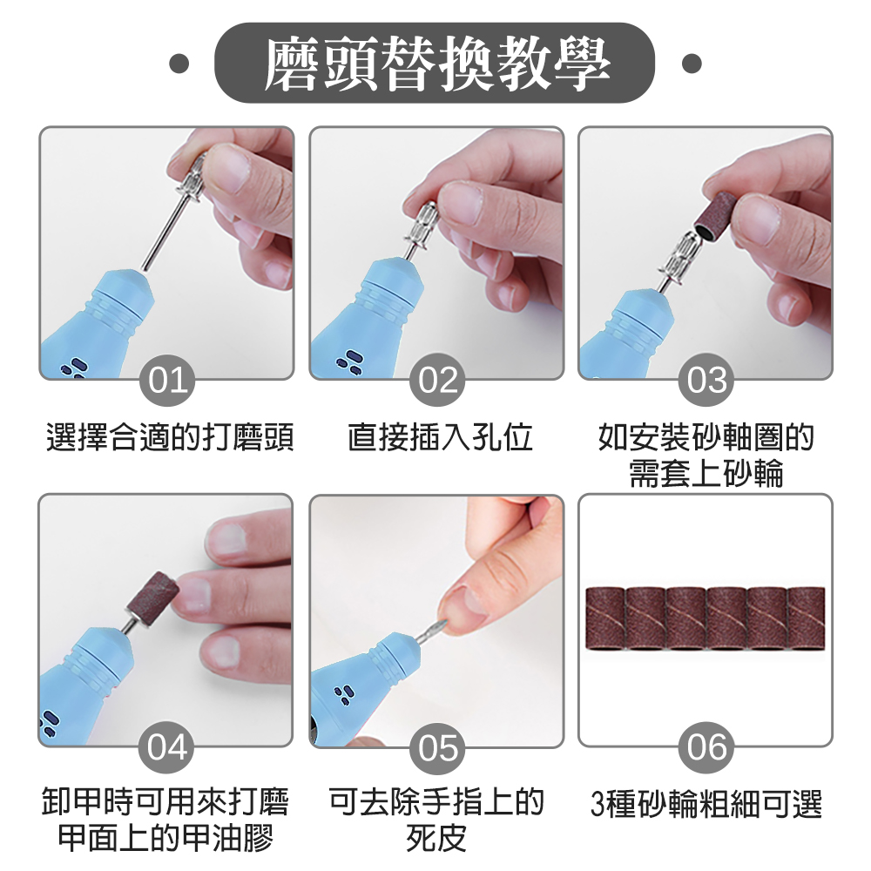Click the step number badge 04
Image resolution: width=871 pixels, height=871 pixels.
167,747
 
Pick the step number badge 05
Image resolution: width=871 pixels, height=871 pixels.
437,747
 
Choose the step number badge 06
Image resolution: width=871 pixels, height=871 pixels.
706,747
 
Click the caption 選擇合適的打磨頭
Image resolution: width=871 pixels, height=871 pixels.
169,438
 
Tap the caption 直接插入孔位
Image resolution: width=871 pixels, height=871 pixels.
440,438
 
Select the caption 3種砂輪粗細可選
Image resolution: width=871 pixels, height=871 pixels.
706,803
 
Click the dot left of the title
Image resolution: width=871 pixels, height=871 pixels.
179,64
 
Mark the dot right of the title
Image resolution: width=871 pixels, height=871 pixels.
692,64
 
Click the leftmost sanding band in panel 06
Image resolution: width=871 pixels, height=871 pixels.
606,618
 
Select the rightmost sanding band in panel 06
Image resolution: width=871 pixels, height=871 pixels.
806,618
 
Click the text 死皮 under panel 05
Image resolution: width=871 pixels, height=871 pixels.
436,839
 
